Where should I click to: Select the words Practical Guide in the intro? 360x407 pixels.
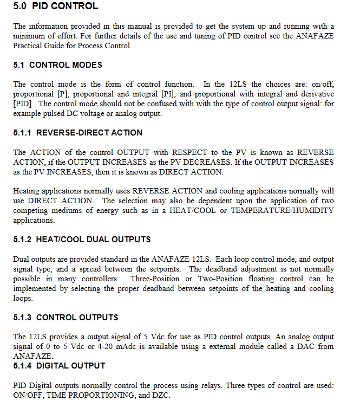(38, 45)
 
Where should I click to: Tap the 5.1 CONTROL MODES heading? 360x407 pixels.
(58, 64)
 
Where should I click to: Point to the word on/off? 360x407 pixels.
(322, 84)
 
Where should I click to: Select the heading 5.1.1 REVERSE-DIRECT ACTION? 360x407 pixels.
(78, 132)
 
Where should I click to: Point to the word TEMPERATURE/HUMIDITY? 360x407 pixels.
(283, 210)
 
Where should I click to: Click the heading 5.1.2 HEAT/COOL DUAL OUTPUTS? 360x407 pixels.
(82, 239)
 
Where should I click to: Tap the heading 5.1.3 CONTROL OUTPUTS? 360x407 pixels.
(66, 317)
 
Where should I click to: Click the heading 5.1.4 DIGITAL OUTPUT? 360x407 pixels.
(60, 365)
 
